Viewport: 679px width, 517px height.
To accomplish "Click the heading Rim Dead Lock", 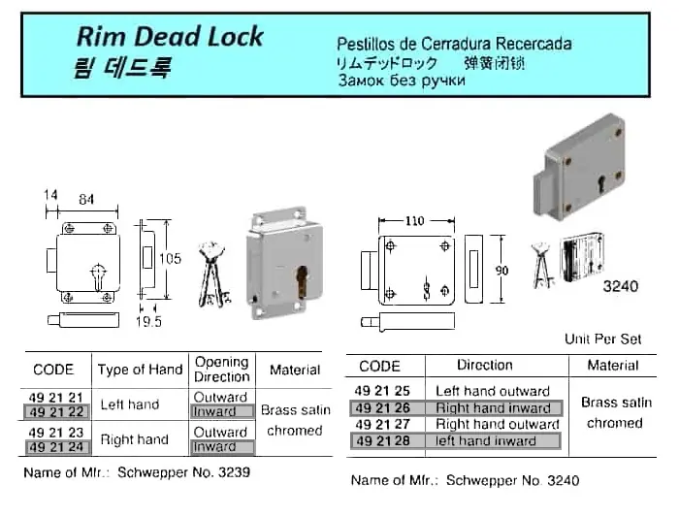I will (x=169, y=37).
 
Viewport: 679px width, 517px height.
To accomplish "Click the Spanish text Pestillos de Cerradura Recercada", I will (x=453, y=44).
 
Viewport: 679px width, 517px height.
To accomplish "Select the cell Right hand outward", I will (x=498, y=424).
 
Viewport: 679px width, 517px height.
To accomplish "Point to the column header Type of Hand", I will (x=140, y=370).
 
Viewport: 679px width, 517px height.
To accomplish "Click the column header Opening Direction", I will (x=221, y=369).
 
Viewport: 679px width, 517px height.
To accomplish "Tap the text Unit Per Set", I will (x=602, y=339).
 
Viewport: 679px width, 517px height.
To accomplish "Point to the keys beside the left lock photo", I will (x=213, y=275).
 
